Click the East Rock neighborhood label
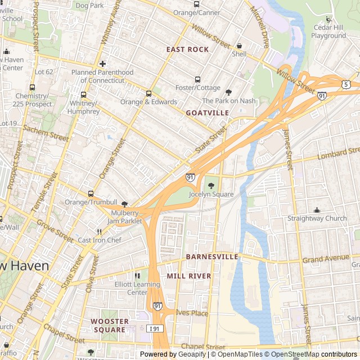(187, 49)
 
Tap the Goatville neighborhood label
(208, 113)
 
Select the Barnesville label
(212, 256)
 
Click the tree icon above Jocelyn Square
(211, 186)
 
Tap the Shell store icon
(239, 46)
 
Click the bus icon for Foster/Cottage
(197, 79)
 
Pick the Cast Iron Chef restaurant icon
(99, 232)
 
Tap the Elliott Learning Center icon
(137, 276)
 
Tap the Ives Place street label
(192, 313)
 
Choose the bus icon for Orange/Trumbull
(90, 193)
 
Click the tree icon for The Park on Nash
(228, 92)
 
